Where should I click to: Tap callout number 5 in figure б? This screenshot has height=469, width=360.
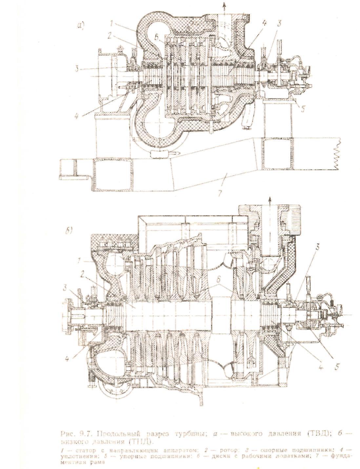336,367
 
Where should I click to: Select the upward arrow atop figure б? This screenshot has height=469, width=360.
270,200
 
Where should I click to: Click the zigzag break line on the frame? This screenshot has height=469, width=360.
338,154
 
